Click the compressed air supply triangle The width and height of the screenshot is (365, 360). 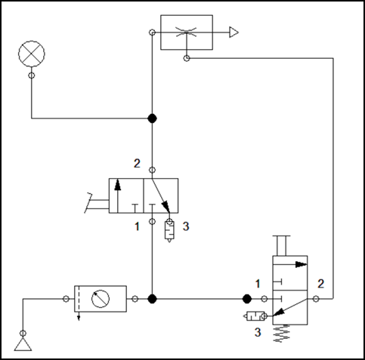tap(23, 344)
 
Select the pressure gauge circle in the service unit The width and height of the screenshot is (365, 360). tap(101, 299)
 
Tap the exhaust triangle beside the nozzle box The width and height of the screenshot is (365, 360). tap(234, 32)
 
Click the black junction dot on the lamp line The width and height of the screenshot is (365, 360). tap(152, 118)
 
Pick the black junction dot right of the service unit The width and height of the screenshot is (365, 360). tap(152, 299)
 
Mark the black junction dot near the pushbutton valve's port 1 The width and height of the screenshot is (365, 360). tap(247, 299)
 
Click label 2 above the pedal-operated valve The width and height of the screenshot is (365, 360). tap(137, 164)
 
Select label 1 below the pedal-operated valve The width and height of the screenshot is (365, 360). tap(137, 226)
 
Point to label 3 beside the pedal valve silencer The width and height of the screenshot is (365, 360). tap(186, 226)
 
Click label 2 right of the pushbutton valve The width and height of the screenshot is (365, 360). tap(320, 284)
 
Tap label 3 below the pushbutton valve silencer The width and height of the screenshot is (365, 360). tap(258, 332)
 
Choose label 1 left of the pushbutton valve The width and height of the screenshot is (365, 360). tap(258, 284)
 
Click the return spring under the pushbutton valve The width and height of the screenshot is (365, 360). tap(282, 334)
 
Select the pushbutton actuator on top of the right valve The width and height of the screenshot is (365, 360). tap(282, 246)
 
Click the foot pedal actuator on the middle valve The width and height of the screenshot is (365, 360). tap(97, 203)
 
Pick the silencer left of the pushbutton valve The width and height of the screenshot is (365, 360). tap(255, 316)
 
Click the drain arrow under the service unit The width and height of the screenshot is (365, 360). tap(79, 316)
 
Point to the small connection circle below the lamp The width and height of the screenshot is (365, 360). tap(32, 75)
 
